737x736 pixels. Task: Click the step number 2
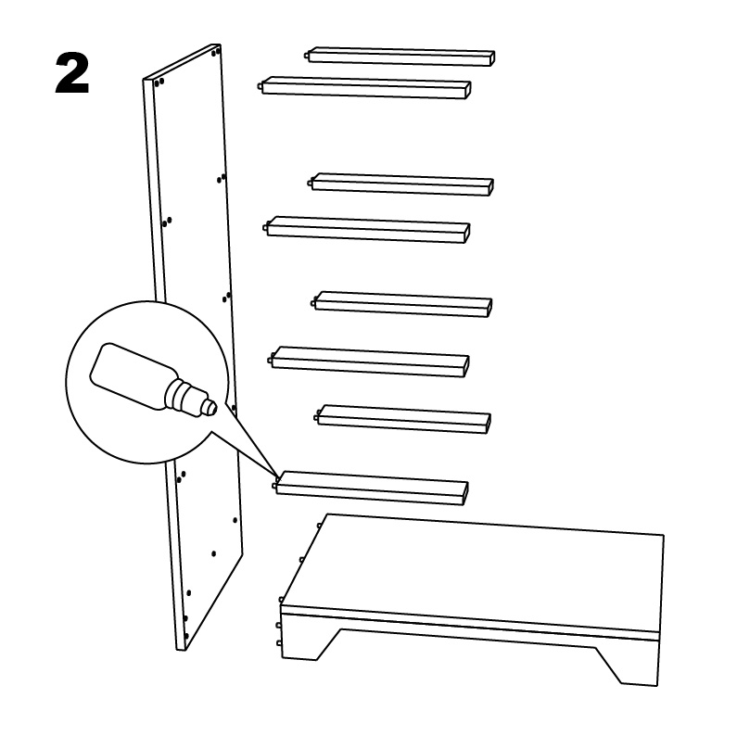coord(72,74)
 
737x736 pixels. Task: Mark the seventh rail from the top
coord(403,418)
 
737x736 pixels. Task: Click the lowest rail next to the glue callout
coord(371,487)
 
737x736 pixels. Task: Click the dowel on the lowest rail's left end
coord(275,482)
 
